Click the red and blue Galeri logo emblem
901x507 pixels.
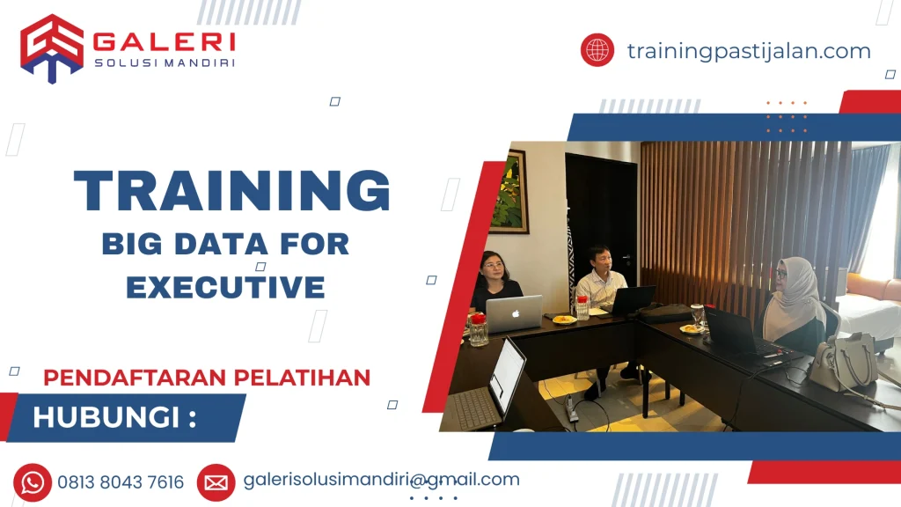coord(52,48)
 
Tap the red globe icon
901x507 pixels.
coord(597,49)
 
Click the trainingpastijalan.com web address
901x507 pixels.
coord(749,51)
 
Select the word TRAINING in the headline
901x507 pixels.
coord(232,192)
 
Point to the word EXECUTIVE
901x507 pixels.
coord(225,286)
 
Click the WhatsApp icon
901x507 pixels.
coord(33,481)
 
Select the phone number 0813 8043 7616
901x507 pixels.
coord(121,482)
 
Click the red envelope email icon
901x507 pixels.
coord(216,481)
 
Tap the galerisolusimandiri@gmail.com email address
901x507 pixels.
coord(381,480)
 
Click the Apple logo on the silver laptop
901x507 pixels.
coord(515,312)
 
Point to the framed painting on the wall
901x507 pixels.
coord(509,192)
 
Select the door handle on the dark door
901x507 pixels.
coord(626,257)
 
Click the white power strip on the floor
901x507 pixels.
coord(571,407)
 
